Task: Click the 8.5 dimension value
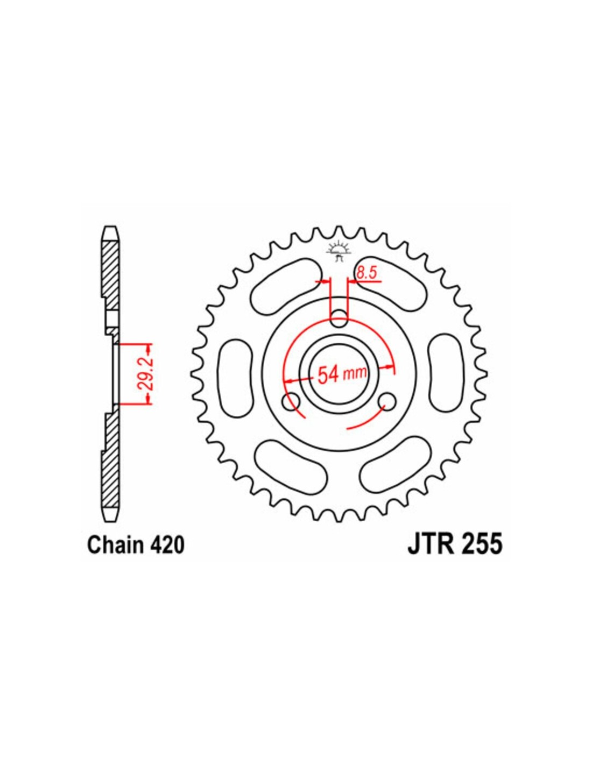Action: pyautogui.click(x=367, y=272)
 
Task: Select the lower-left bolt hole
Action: pyautogui.click(x=292, y=402)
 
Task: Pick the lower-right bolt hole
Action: pyautogui.click(x=387, y=402)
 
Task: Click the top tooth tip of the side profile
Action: pyautogui.click(x=111, y=227)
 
